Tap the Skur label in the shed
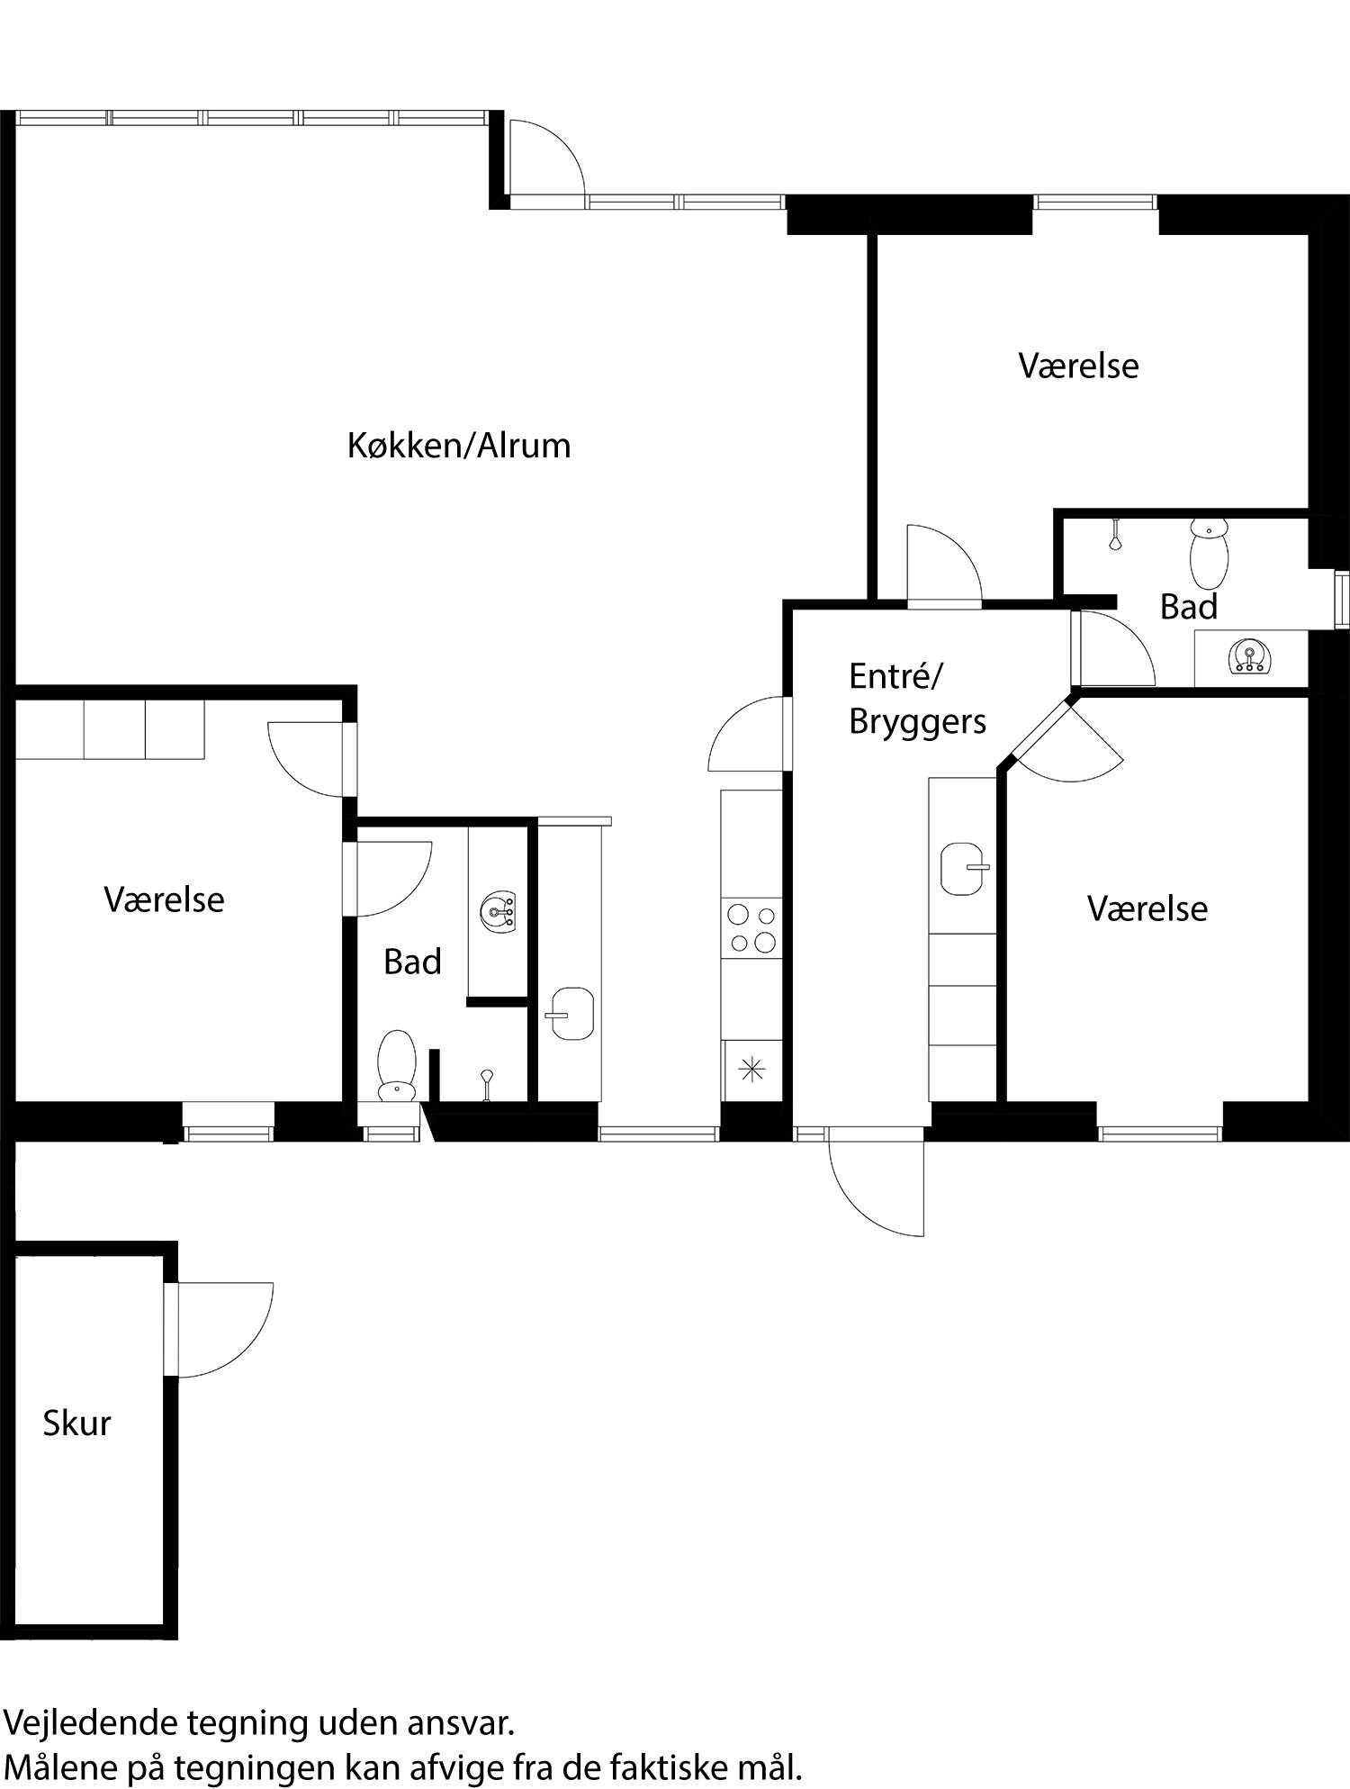(x=76, y=1423)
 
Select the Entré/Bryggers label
(x=916, y=699)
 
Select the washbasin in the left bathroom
(x=498, y=909)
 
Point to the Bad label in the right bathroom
(x=1188, y=608)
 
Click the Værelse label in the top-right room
(x=1078, y=366)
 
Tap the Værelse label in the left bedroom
(x=164, y=899)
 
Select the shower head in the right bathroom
(x=1116, y=539)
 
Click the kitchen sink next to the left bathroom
(x=571, y=1013)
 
